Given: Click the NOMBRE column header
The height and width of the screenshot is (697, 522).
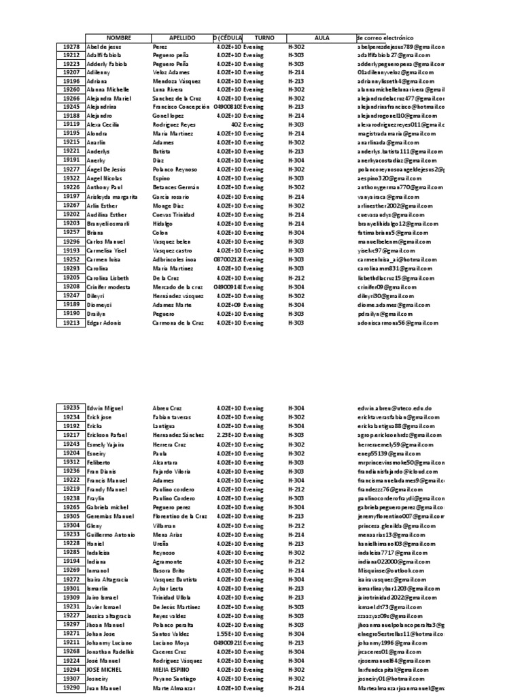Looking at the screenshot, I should point(118,38).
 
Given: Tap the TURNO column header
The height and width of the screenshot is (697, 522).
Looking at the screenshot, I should point(264,38).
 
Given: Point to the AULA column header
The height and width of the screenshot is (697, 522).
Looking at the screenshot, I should point(322,38).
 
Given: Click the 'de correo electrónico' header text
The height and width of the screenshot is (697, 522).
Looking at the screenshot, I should point(385,38).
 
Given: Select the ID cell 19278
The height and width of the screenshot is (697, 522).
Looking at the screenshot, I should point(71,46).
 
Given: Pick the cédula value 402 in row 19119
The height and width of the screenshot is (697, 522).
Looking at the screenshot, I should point(236,125).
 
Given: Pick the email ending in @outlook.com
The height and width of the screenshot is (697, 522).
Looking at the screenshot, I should point(389,570).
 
